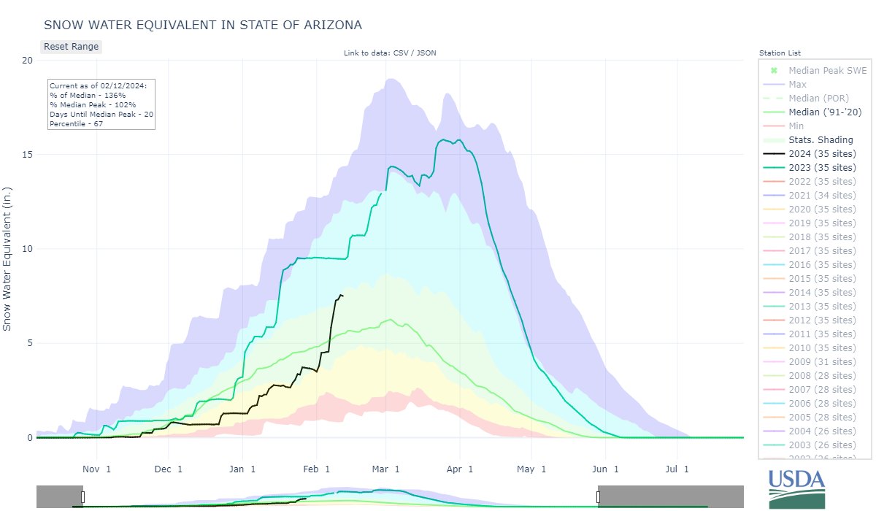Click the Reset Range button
(71, 46)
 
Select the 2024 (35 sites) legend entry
(822, 154)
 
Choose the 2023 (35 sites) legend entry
(822, 168)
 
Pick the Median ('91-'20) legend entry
(826, 112)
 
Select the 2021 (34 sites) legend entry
(822, 196)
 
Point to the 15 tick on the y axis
(27, 155)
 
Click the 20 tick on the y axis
(27, 61)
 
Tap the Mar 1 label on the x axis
(387, 469)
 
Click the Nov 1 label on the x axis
(96, 469)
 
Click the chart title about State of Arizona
(203, 25)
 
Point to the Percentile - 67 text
(77, 124)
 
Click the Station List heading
(780, 53)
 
